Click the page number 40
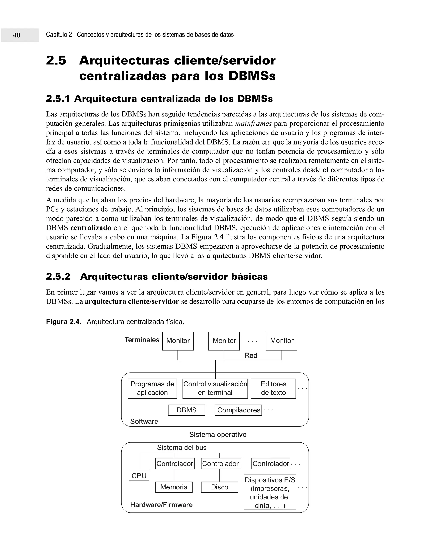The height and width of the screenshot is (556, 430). (17, 35)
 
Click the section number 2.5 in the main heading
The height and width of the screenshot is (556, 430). (56, 61)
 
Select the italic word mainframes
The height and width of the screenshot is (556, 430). (253, 124)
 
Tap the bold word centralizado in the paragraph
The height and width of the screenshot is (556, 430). (91, 228)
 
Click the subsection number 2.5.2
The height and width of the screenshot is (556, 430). (58, 277)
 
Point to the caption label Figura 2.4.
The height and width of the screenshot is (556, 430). (63, 322)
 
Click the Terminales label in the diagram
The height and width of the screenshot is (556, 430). (142, 340)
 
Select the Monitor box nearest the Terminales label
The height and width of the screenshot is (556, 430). (178, 341)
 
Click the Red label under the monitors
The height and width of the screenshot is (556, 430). (251, 355)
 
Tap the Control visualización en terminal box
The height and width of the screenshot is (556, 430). (215, 389)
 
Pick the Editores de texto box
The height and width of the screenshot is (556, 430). (273, 389)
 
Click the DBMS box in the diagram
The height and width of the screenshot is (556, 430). (186, 410)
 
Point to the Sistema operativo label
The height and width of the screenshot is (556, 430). (218, 434)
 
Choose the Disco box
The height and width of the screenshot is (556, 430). (219, 487)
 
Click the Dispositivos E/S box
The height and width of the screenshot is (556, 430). (270, 492)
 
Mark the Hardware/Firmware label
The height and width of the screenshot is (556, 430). (161, 505)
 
